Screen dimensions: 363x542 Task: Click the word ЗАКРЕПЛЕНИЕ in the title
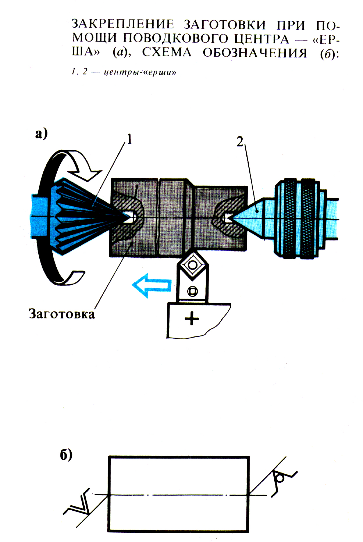point(123,24)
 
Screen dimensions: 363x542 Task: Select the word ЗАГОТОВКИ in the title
point(225,25)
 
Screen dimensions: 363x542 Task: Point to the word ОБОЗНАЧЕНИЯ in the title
point(255,53)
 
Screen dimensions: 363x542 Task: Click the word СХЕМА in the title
point(167,53)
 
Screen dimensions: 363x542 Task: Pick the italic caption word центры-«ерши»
point(140,72)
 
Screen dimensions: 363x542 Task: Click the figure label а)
point(41,134)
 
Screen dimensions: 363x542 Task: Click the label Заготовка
point(62,314)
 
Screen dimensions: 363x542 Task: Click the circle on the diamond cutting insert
point(192,265)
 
